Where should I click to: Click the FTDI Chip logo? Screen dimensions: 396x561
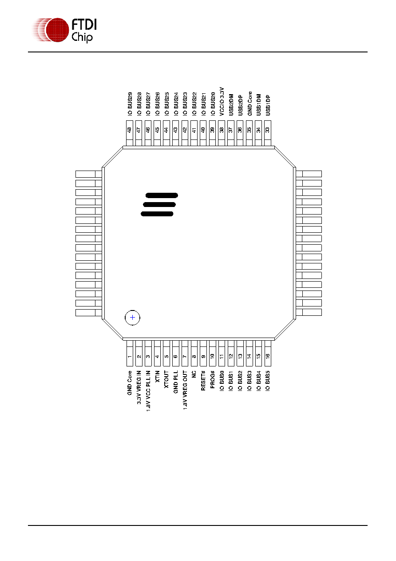64,30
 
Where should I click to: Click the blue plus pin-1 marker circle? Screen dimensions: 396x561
132,318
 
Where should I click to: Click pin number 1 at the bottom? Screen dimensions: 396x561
130,353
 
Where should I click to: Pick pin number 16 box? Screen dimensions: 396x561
268,353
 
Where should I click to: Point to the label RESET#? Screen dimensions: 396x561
203,381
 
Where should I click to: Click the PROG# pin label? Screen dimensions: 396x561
212,380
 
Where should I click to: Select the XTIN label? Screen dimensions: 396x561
157,376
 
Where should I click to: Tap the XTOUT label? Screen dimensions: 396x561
166,379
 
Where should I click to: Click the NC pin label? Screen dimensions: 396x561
194,374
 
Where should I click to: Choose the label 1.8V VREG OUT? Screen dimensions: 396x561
185,390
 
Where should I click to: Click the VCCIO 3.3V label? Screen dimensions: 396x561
222,101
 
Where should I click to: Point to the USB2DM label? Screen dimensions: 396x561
231,105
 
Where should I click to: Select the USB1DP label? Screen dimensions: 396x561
268,105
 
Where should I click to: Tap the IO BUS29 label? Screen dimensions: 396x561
130,104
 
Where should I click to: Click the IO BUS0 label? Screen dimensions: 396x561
222,381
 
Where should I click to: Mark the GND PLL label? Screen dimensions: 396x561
175,382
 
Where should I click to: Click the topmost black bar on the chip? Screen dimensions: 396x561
162,195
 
